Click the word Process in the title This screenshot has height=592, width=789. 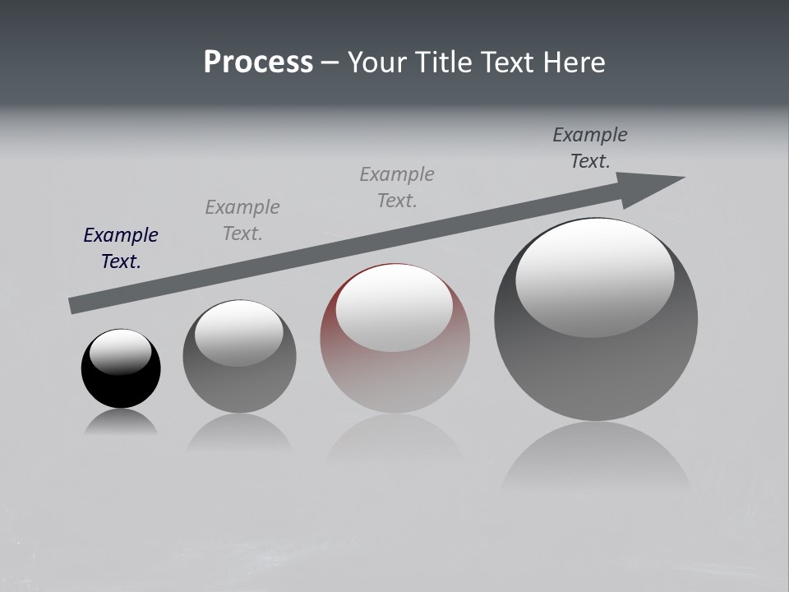258,62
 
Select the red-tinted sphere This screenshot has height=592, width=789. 395,378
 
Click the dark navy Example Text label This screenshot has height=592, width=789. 121,248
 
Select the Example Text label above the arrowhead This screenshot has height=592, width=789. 590,148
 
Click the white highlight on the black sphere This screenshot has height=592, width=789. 121,351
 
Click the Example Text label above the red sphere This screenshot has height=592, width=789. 397,187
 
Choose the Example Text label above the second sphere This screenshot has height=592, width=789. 242,220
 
